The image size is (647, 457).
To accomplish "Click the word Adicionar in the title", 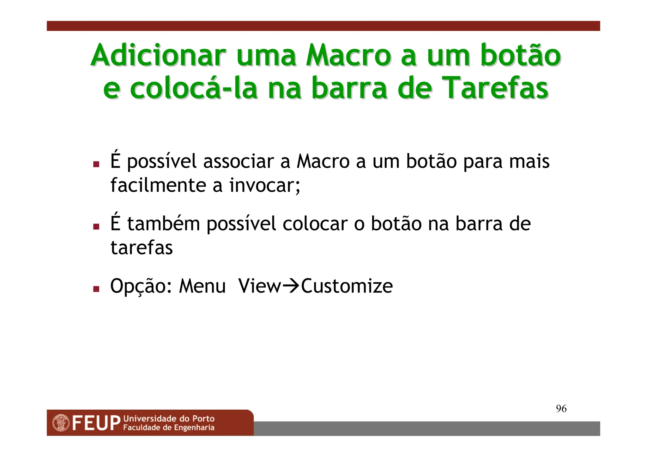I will click(158, 56).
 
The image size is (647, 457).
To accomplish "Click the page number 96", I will click(561, 409).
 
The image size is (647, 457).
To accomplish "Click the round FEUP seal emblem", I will click(61, 423).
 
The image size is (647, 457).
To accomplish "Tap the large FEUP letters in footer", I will click(96, 424).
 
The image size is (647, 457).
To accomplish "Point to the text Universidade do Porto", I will click(169, 419).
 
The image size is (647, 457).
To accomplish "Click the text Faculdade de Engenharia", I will click(169, 428).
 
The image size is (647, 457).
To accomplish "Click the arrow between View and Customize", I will click(291, 286).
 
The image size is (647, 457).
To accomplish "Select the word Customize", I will click(347, 286).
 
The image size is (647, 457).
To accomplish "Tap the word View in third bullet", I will click(259, 286).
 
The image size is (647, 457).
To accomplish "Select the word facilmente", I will click(158, 185).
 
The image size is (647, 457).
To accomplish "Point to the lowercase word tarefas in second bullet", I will click(142, 248).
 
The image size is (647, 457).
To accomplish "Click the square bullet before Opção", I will click(96, 289).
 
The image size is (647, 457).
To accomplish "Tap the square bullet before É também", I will click(96, 226).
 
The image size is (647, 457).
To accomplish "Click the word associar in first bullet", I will click(239, 161).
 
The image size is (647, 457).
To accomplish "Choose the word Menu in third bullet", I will click(202, 286).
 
